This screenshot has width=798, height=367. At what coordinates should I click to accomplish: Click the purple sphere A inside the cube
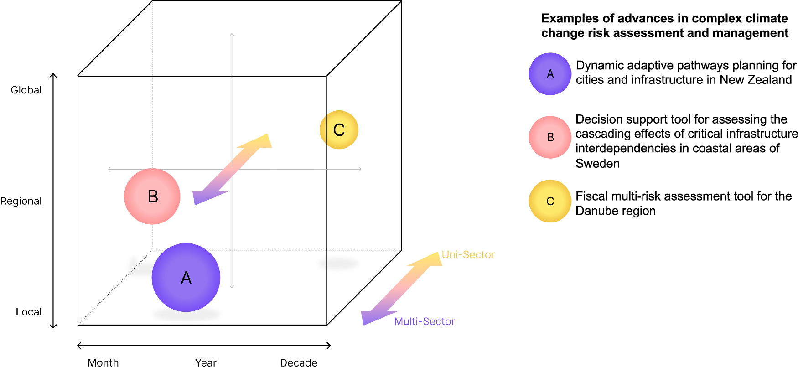pos(186,277)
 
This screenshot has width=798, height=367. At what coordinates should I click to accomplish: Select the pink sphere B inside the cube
pos(152,196)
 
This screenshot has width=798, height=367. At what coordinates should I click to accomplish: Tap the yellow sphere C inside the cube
pos(339,130)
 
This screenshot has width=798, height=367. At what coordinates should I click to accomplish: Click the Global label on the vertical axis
pos(26,90)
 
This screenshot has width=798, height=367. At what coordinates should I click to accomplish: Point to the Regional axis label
pos(21,201)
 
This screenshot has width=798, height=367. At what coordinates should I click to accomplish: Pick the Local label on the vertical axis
pos(29,312)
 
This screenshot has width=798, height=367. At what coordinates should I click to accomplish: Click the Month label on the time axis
pos(103,362)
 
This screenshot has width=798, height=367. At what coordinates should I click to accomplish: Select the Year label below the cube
pos(206,362)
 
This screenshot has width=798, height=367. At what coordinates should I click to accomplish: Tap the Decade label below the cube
pos(299,362)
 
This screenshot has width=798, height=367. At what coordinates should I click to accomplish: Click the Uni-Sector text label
pos(468,255)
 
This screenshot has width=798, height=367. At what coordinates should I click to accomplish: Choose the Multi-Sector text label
pos(425,321)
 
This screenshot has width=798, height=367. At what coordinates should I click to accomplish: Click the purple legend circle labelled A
pos(550,74)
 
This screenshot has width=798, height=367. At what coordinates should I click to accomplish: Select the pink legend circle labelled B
pos(550,137)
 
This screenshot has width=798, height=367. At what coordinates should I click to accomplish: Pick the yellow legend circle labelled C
pos(550,201)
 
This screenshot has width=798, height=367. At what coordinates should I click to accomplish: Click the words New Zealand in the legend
pos(756,80)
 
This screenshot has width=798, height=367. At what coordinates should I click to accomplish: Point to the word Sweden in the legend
pos(597,163)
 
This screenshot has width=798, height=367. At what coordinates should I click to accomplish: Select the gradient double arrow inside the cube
pos(232,169)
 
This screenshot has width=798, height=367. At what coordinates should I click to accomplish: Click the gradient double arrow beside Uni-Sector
pos(401,288)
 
